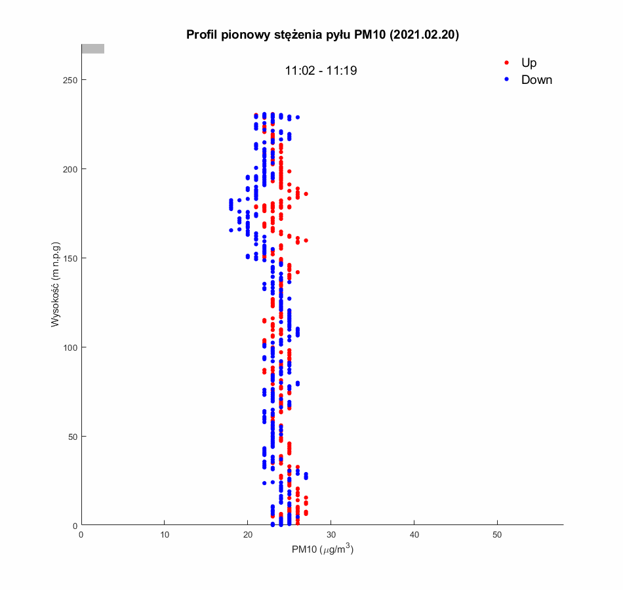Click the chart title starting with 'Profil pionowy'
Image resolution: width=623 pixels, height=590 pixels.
tap(322, 35)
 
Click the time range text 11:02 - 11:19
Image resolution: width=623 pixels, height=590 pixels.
tap(321, 71)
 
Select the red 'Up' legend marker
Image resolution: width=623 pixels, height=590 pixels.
tap(506, 63)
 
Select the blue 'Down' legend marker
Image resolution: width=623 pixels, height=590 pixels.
tap(506, 80)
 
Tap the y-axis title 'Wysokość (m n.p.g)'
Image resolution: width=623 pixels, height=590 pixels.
tap(56, 285)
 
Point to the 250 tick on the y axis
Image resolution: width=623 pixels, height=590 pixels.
tap(69, 80)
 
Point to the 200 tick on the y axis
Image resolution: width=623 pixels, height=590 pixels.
tap(69, 169)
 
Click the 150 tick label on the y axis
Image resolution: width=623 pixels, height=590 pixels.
tap(69, 258)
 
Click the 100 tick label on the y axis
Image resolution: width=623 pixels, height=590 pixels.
tap(69, 347)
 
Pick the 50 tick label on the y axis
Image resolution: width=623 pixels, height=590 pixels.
tap(71, 437)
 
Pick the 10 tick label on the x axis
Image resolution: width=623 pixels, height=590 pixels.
tap(165, 535)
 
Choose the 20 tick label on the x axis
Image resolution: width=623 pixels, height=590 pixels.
tap(248, 535)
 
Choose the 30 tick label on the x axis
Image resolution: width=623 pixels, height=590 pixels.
tap(331, 535)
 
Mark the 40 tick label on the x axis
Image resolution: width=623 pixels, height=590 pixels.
tap(414, 535)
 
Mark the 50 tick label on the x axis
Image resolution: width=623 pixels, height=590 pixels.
tap(498, 535)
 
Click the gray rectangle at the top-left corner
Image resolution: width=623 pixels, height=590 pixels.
tap(92, 49)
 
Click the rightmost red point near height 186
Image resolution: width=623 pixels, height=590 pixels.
tap(306, 194)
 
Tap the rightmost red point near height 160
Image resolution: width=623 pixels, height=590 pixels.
tap(306, 241)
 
